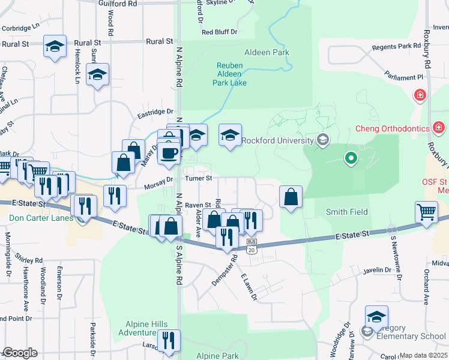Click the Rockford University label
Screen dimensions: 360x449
click(x=278, y=141)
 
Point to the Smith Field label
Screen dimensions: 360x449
click(x=346, y=212)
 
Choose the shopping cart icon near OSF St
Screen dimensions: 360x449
click(x=426, y=212)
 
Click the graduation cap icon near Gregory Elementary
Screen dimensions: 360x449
click(x=376, y=316)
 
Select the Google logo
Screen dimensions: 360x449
click(x=20, y=353)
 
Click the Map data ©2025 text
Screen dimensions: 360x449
click(x=424, y=355)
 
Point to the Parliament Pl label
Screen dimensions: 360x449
click(x=405, y=77)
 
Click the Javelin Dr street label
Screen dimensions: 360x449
click(x=377, y=271)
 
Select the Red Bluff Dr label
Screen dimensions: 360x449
click(x=220, y=32)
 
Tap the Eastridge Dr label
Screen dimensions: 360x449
click(x=155, y=112)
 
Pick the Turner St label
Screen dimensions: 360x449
click(x=199, y=178)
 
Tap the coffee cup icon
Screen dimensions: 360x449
click(x=169, y=152)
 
